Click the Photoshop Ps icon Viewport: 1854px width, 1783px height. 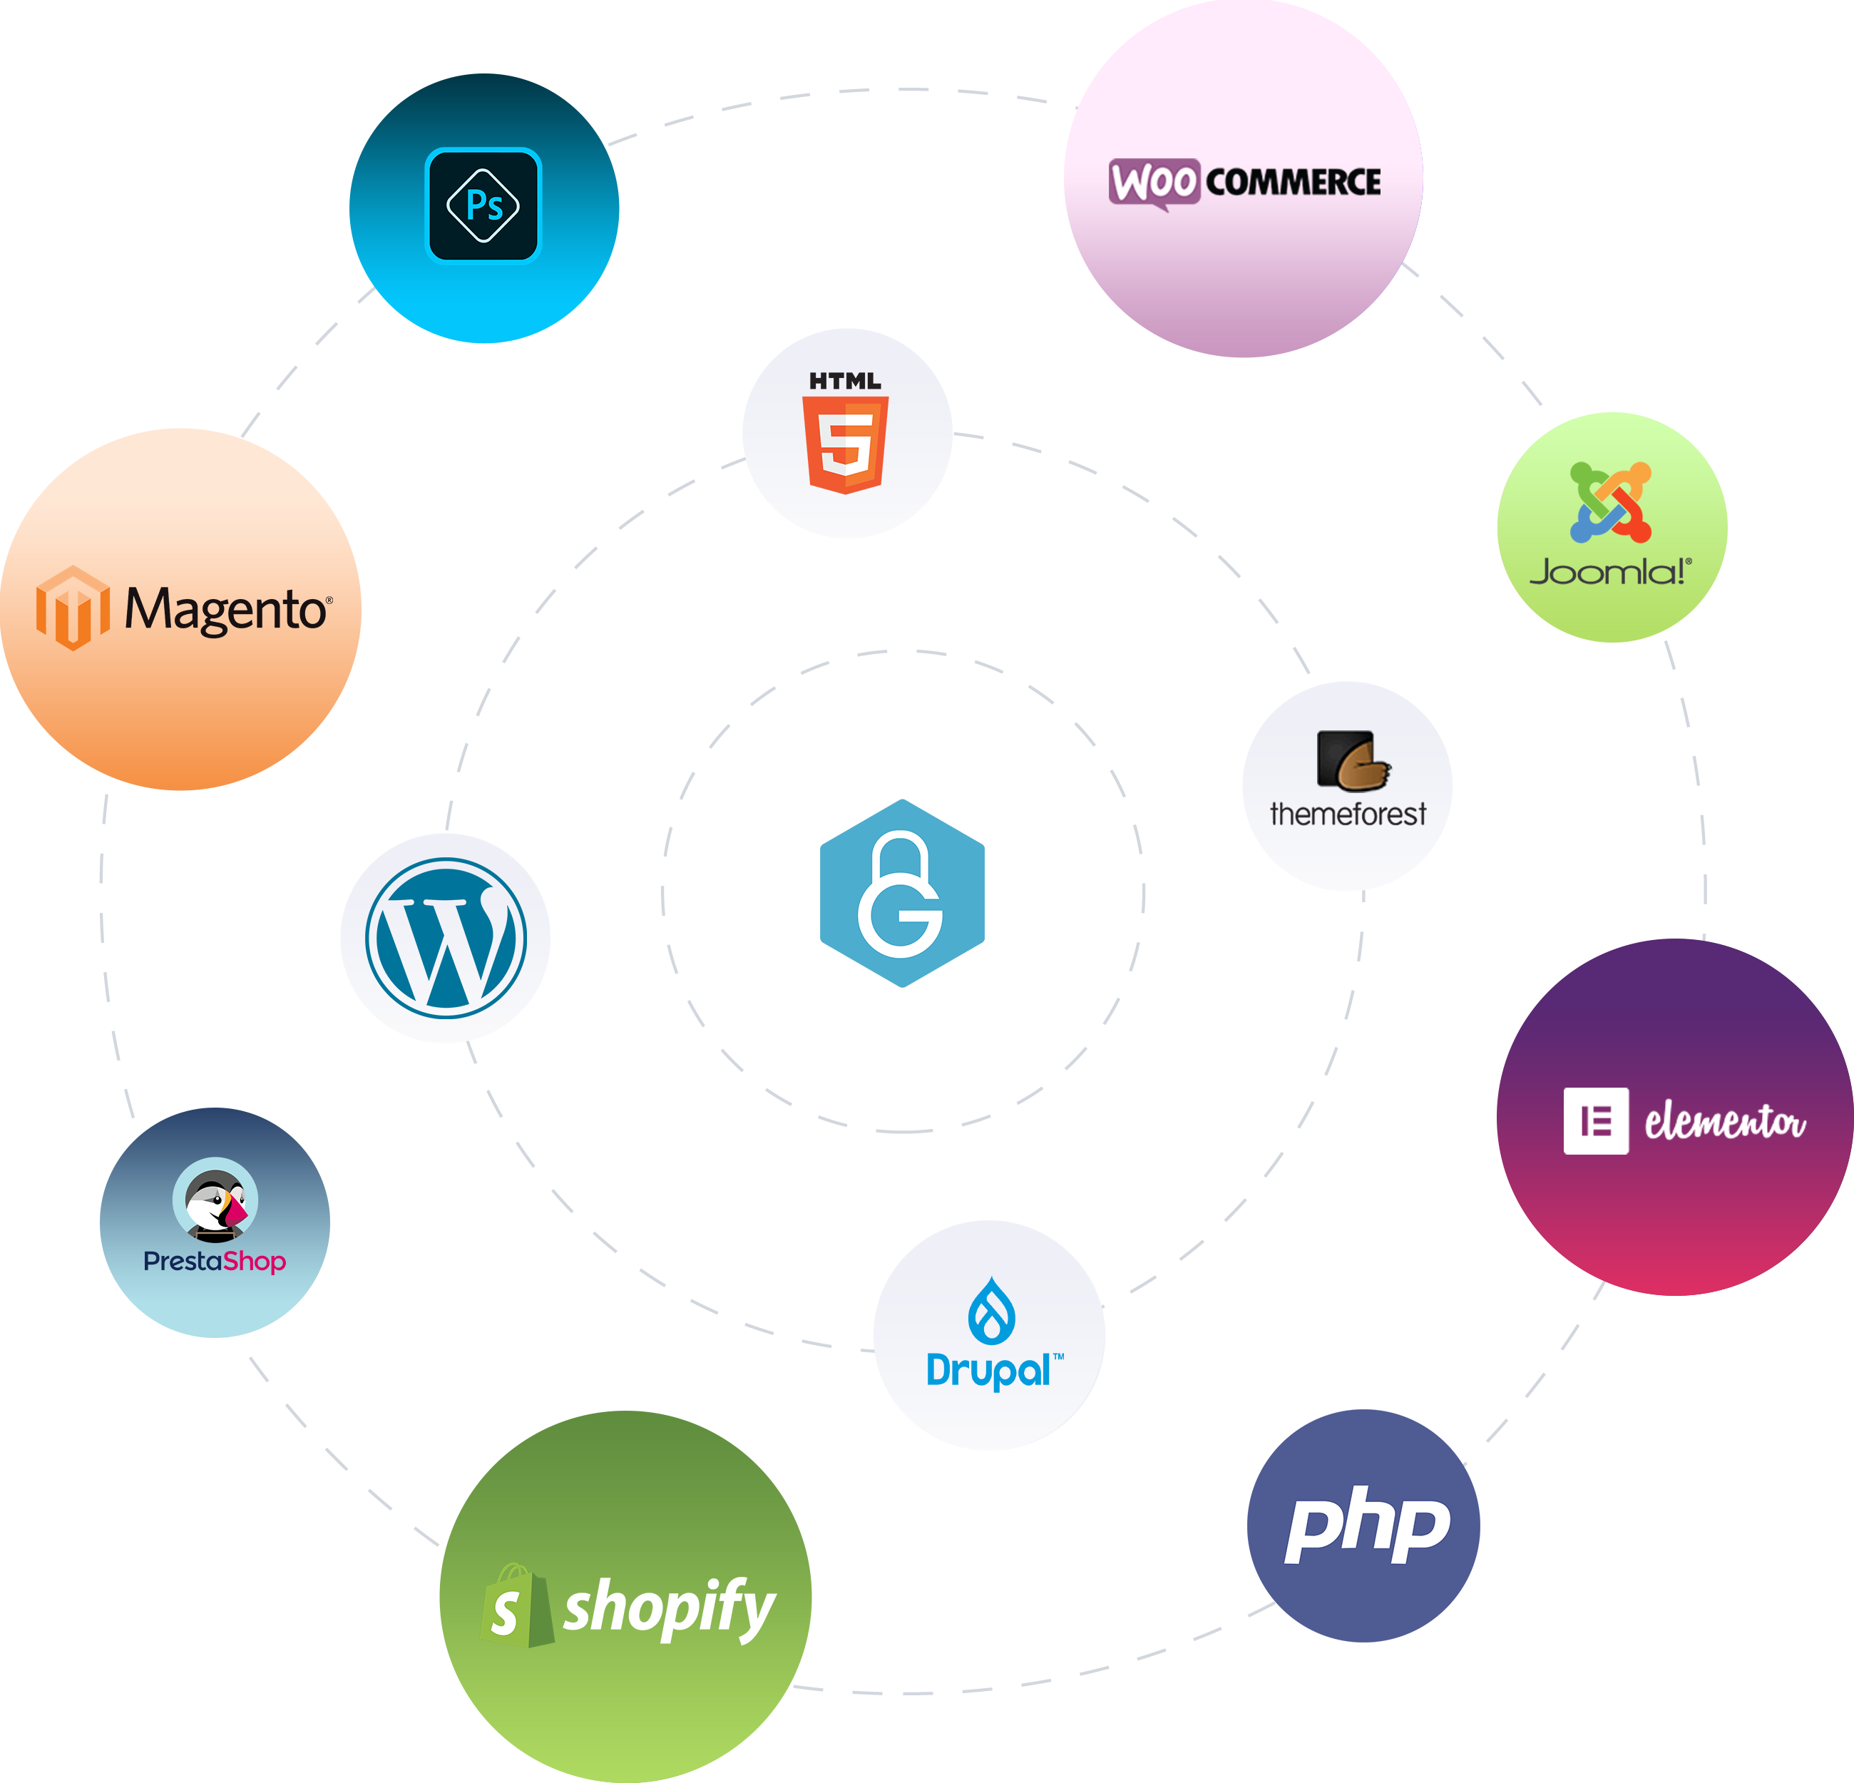[x=483, y=205]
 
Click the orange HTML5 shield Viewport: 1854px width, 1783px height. [x=846, y=444]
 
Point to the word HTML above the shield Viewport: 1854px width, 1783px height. [x=846, y=381]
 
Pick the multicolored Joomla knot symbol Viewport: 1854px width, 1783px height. [x=1611, y=502]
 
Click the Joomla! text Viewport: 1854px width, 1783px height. [x=1611, y=572]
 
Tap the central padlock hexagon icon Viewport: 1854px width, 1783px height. [x=903, y=894]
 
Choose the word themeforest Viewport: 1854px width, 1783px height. [x=1348, y=814]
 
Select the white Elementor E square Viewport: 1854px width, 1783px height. [x=1597, y=1121]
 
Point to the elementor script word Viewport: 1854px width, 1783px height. [x=1726, y=1122]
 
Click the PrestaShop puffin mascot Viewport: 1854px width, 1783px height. [x=215, y=1200]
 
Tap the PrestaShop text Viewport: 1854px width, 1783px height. [x=215, y=1262]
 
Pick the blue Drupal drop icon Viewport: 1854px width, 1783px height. [x=991, y=1310]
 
